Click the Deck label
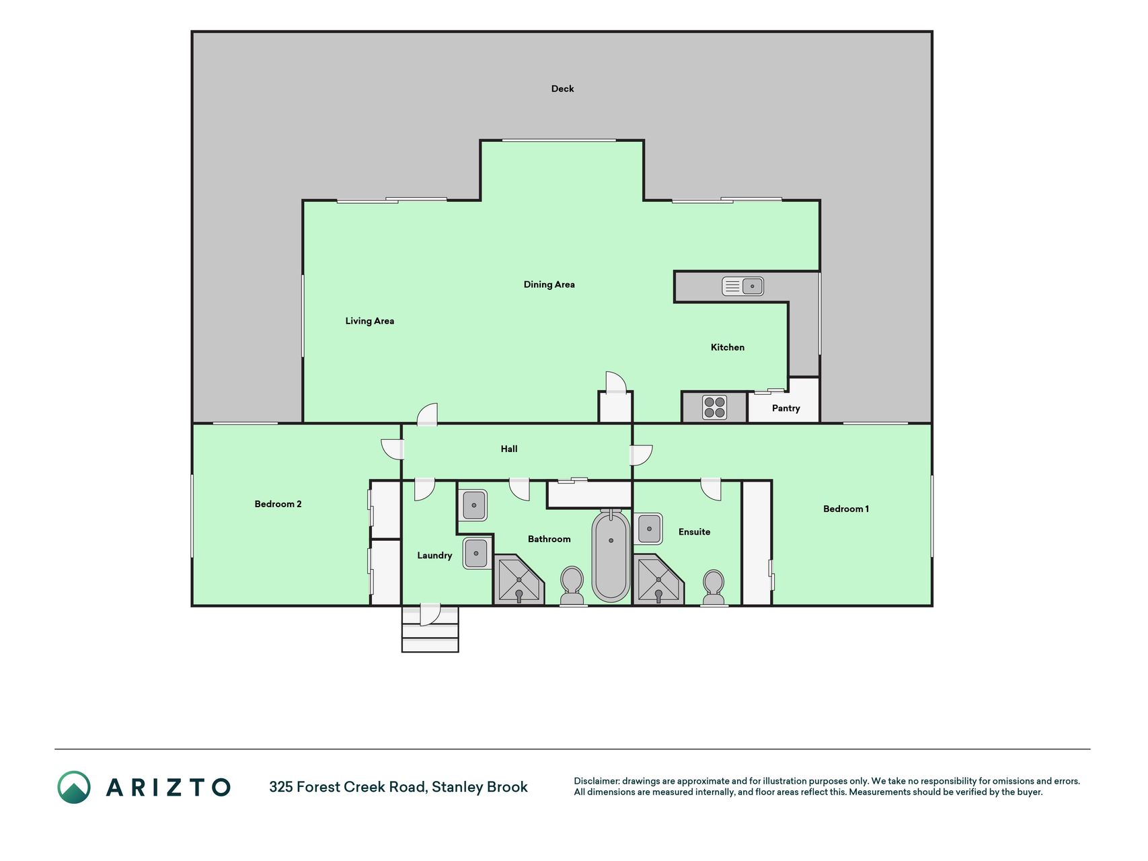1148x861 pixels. [562, 89]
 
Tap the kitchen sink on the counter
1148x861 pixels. [742, 286]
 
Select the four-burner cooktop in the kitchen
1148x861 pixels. [714, 408]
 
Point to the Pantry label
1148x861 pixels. [786, 408]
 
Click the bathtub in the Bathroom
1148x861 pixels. [611, 556]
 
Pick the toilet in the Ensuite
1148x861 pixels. [713, 588]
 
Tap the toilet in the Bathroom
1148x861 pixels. [572, 586]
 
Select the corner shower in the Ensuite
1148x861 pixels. [658, 579]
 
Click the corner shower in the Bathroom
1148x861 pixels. [519, 579]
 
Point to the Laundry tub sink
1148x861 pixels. [475, 553]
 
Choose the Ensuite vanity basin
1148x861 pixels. [648, 529]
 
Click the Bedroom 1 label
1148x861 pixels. [845, 509]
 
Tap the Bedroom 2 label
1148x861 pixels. [278, 504]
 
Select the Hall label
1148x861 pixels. [509, 449]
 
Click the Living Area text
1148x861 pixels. [369, 321]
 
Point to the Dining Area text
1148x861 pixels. [549, 285]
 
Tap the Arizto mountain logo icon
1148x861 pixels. [74, 787]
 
